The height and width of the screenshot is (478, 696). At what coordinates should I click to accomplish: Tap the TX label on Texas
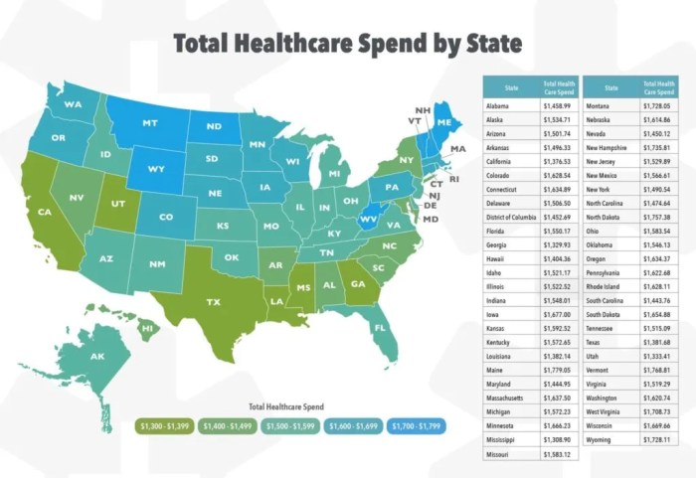click(x=213, y=300)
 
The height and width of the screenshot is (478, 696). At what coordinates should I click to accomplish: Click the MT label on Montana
click(x=151, y=123)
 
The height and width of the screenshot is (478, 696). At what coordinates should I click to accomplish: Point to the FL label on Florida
click(x=380, y=326)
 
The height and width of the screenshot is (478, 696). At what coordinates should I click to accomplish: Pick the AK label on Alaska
click(x=97, y=357)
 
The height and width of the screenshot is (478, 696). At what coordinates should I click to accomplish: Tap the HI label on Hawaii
click(x=147, y=327)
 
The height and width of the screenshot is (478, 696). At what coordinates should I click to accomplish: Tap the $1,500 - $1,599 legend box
click(x=289, y=426)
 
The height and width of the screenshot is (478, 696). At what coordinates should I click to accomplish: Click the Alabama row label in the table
click(x=500, y=104)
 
